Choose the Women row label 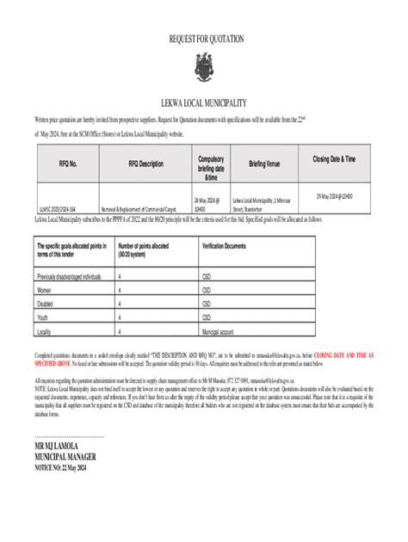[47, 290]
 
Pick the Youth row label [46, 317]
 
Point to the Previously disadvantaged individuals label [69, 277]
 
